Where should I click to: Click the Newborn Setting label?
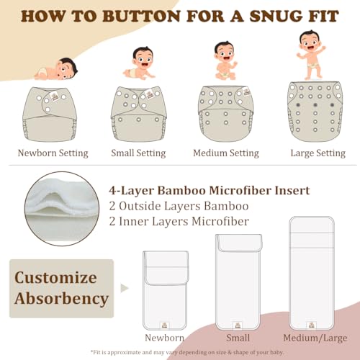click(53, 153)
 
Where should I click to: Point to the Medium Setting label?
click(225, 153)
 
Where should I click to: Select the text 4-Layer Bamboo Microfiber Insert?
click(209, 191)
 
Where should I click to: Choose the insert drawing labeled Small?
click(238, 283)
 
